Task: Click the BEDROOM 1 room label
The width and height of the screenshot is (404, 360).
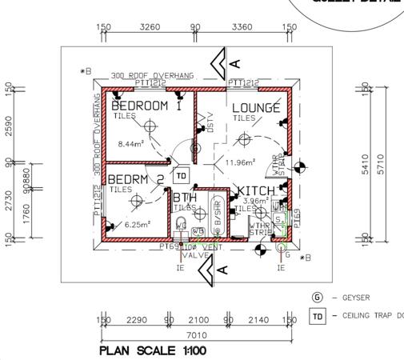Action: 146,106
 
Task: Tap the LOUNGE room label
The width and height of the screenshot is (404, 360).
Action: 256,108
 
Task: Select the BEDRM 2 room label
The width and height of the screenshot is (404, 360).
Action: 136,179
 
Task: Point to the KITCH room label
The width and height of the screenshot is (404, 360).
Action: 257,191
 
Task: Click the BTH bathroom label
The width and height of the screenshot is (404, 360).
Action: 185,197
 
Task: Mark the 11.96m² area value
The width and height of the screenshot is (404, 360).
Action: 240,162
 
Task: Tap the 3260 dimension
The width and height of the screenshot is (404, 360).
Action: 150,27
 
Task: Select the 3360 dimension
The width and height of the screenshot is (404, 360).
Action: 242,27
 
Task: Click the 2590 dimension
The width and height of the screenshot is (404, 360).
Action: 9,126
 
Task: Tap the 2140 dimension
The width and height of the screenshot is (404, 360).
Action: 258,320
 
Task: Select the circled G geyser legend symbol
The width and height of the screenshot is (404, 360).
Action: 317,298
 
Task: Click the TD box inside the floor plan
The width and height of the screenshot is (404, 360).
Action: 181,175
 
